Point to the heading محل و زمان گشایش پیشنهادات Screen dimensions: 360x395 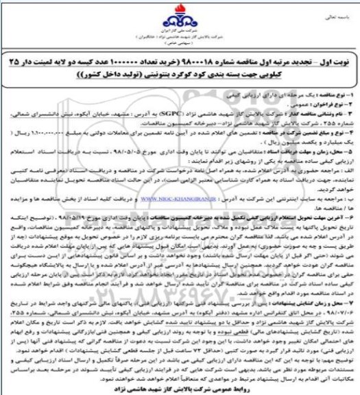306,283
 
